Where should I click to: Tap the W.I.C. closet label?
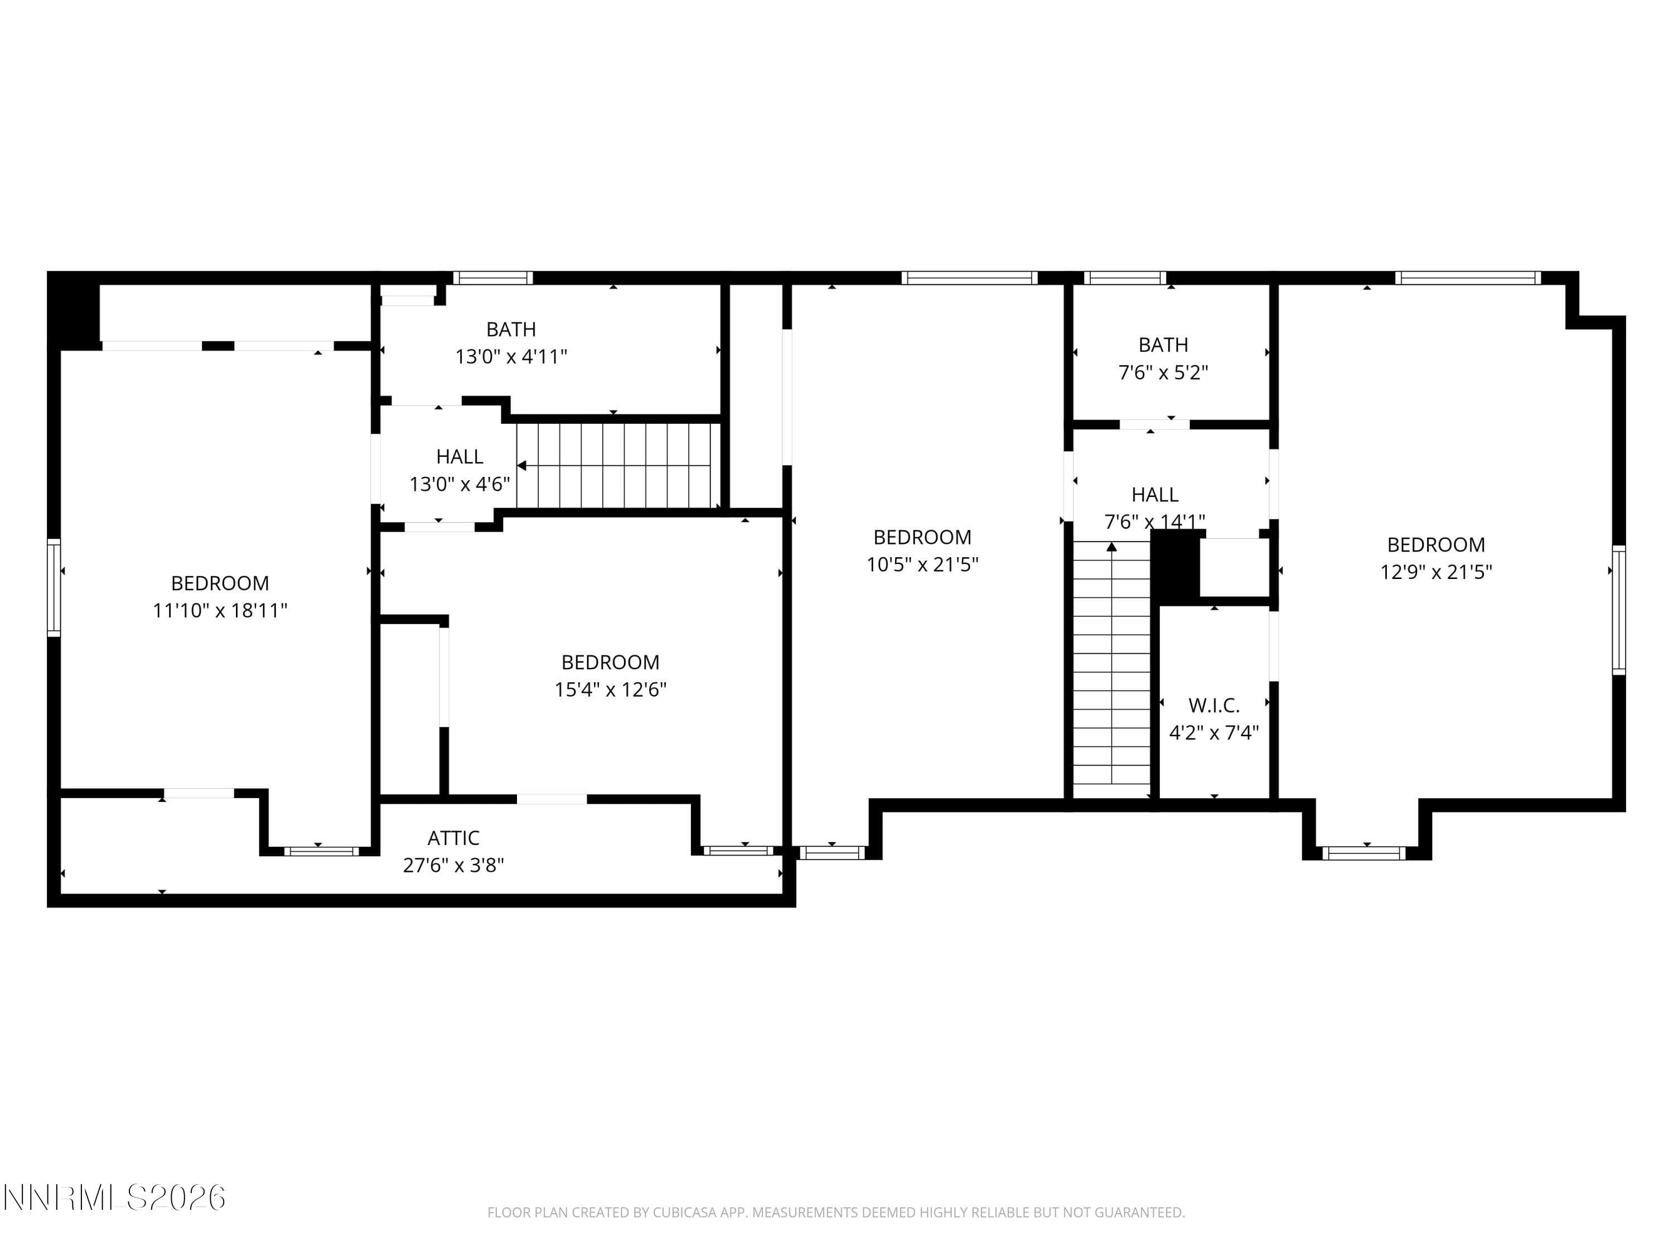coord(1214,706)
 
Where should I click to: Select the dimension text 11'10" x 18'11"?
coord(220,610)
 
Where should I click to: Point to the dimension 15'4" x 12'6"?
coord(610,690)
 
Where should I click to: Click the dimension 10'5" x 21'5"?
coord(922,564)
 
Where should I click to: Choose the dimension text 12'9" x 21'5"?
coord(1435,572)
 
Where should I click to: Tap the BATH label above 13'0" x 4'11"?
coord(511,330)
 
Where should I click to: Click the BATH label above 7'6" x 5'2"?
coord(1163,345)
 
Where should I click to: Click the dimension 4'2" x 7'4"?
coord(1214,733)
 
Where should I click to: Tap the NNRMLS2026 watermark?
coord(114,1198)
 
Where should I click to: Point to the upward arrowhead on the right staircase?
coord(1111,546)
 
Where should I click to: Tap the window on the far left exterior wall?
coord(54,587)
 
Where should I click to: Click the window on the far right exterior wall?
coord(1618,610)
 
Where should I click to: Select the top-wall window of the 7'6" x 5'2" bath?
coord(1125,278)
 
